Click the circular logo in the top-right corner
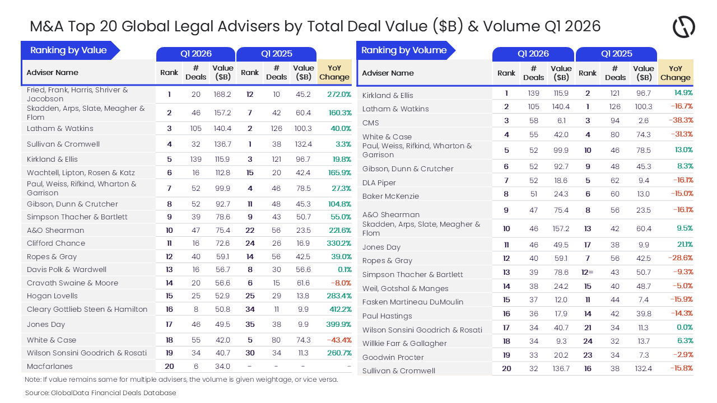(683, 27)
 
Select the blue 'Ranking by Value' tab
(68, 50)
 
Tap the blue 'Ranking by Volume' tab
(404, 50)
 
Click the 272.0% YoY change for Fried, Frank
(339, 95)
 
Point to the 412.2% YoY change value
(339, 310)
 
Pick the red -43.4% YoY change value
(339, 340)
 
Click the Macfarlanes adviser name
(50, 367)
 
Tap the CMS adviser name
(371, 123)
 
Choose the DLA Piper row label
(379, 183)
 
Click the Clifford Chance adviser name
(56, 243)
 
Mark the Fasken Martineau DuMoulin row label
(413, 302)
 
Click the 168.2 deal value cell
(222, 95)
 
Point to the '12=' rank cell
(588, 273)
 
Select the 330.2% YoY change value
(339, 243)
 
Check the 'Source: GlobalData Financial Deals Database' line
(101, 393)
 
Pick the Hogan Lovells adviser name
(52, 296)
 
